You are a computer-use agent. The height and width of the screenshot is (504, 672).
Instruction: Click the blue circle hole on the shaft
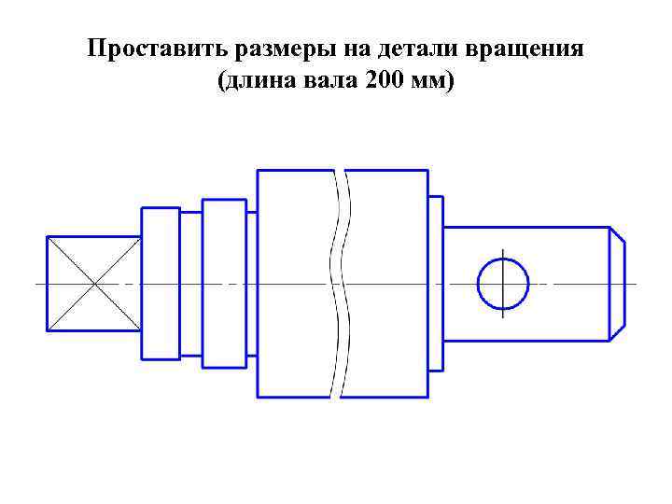[x=502, y=284]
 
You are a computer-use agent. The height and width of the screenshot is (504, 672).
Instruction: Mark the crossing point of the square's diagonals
[x=94, y=284]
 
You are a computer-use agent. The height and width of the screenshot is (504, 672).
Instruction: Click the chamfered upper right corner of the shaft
[x=617, y=235]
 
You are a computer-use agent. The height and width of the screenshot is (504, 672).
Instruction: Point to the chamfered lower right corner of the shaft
[x=617, y=330]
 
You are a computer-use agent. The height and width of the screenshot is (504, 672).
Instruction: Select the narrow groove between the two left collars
[x=190, y=284]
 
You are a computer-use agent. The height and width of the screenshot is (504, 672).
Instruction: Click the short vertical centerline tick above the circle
[x=502, y=255]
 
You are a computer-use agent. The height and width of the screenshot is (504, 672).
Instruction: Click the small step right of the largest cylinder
[x=435, y=284]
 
